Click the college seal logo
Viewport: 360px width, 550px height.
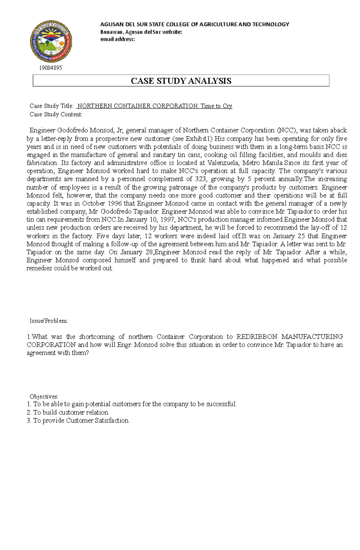51,41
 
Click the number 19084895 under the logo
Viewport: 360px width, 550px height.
50,68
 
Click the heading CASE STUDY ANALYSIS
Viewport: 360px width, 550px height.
181,81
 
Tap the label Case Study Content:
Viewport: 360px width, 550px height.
56,114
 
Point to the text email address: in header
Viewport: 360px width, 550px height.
118,39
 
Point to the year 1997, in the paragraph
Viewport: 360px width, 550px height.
168,220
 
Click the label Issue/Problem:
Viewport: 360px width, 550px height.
49,321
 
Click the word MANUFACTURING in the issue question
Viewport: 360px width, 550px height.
312,337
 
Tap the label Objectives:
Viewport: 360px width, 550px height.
44,397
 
